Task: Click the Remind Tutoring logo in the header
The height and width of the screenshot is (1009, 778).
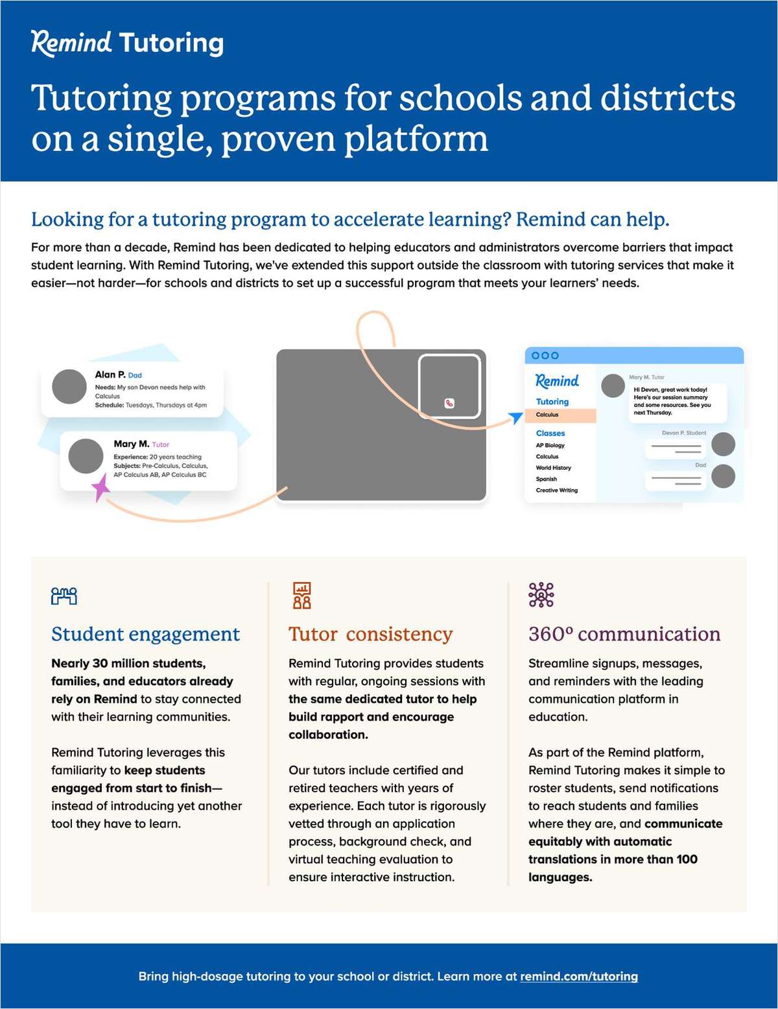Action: (x=127, y=43)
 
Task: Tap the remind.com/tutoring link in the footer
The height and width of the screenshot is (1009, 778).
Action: (x=578, y=976)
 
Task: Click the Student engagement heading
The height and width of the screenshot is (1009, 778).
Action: (x=145, y=634)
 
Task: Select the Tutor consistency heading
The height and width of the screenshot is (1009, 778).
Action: (x=370, y=634)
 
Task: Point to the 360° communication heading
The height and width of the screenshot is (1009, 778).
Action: (x=624, y=634)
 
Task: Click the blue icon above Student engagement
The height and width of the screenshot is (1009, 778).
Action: (x=64, y=596)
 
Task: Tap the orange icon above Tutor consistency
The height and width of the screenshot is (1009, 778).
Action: (x=301, y=595)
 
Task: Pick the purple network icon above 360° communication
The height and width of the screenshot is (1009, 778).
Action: (x=541, y=594)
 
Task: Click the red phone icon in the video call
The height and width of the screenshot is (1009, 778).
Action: (x=449, y=403)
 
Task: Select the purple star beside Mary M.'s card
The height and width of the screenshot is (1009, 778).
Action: (x=100, y=487)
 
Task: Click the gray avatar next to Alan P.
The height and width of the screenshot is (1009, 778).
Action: (x=69, y=387)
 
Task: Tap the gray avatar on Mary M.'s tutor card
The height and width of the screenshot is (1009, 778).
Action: (x=86, y=456)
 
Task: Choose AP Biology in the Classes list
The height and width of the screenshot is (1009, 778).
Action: (x=550, y=445)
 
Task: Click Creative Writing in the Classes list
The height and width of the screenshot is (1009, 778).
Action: (x=556, y=490)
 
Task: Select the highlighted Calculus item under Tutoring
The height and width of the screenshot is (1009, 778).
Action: (x=547, y=415)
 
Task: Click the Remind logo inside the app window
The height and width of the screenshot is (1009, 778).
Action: (x=557, y=380)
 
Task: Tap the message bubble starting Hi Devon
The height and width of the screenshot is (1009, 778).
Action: (x=676, y=401)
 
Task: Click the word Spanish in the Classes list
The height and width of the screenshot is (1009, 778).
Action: (x=546, y=479)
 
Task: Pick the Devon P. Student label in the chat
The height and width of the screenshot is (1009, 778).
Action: (x=683, y=433)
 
